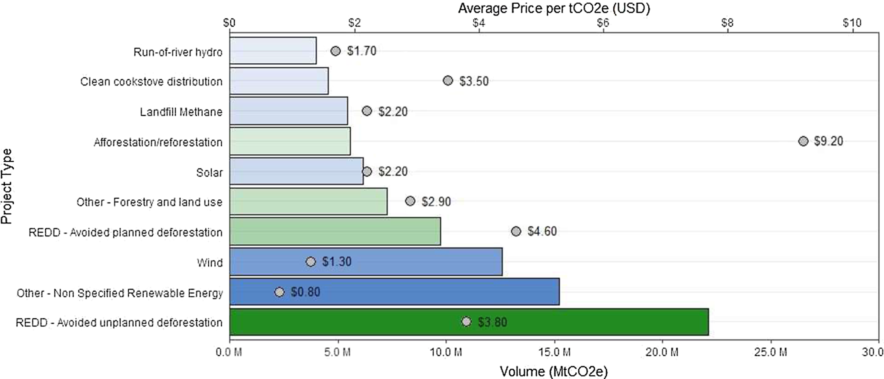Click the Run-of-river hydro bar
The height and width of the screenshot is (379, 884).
(273, 50)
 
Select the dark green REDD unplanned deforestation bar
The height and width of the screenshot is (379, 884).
(469, 322)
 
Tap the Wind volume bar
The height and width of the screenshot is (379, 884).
(366, 261)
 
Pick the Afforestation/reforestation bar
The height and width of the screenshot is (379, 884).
(290, 141)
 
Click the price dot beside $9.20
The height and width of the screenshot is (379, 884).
(803, 141)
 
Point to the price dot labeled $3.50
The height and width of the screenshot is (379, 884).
(448, 80)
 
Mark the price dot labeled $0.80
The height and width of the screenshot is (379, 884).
(279, 292)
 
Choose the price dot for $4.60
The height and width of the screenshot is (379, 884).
(516, 231)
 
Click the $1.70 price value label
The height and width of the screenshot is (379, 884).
(361, 51)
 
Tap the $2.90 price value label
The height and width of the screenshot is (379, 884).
(436, 201)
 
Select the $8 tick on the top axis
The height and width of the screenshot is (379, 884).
(727, 23)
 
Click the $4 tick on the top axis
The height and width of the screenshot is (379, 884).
(479, 23)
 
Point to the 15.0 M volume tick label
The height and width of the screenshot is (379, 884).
(555, 352)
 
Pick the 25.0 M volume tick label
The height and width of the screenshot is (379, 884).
(771, 352)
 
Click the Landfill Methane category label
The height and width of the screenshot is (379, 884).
(181, 112)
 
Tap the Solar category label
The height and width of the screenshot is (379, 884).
(209, 172)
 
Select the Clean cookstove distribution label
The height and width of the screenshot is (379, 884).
(151, 81)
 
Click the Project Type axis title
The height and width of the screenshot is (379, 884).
(6, 186)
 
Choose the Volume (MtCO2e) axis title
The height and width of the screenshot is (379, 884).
(554, 371)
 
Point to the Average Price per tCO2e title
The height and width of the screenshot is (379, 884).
(554, 8)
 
